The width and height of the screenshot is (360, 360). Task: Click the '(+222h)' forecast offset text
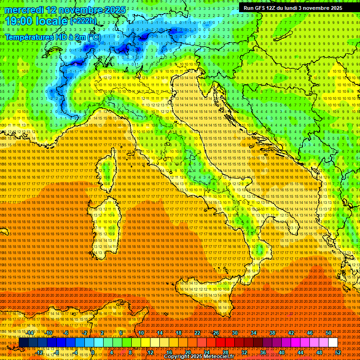point(84,21)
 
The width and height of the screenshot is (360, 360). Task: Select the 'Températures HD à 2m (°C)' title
point(52,37)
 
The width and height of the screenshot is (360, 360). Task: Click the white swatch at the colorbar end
point(333,343)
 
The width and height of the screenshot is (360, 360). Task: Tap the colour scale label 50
point(329,332)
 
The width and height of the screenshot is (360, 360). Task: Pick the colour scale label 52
point(337,352)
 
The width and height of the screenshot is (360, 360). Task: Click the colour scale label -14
point(30,332)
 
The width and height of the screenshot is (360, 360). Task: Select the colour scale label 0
point(93,352)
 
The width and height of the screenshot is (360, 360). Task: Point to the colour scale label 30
point(235,332)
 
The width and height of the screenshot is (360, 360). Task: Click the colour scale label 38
point(272,332)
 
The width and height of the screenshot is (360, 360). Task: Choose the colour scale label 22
point(197,332)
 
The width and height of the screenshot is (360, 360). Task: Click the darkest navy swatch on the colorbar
point(23,343)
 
